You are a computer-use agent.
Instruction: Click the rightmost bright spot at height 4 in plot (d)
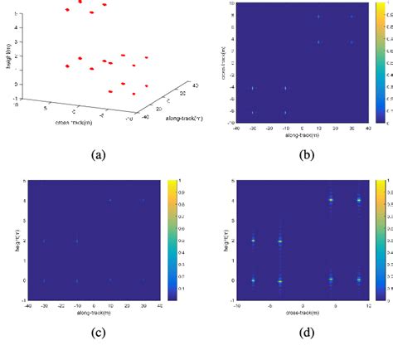[x=359, y=200]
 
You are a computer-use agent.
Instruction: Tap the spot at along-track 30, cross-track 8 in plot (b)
[x=351, y=17]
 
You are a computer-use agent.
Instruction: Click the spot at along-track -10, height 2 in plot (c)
[x=76, y=241]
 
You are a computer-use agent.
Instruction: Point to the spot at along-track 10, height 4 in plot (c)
[x=109, y=200]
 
